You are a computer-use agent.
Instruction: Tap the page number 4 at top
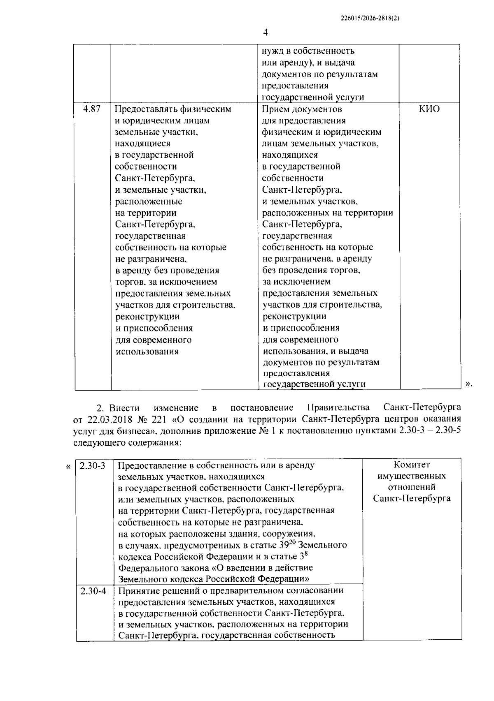click(265, 32)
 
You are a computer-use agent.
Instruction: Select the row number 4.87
click(92, 109)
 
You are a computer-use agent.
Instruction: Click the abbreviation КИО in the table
click(429, 109)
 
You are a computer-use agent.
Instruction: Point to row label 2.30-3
click(93, 465)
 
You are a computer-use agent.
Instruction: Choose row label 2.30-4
click(93, 591)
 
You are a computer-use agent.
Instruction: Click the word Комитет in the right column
click(412, 465)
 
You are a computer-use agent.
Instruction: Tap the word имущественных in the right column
click(412, 476)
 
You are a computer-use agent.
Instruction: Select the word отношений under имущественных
click(412, 487)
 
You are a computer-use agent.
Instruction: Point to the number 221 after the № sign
click(161, 419)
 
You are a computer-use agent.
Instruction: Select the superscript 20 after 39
click(292, 541)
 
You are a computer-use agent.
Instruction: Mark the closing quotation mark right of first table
click(468, 384)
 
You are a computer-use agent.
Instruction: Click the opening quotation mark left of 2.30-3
click(68, 466)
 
